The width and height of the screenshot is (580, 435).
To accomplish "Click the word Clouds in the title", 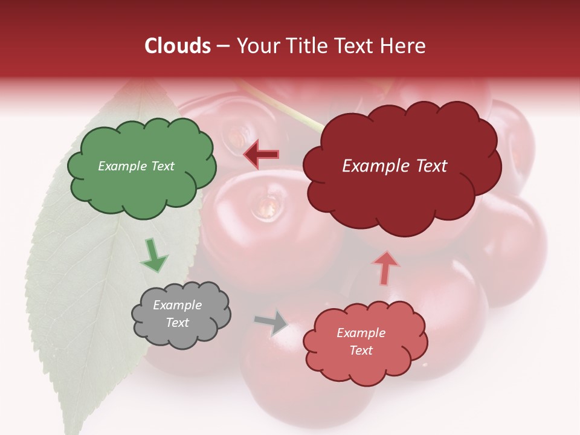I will pos(178,46).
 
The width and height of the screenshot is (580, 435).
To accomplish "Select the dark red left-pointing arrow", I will pos(262,154).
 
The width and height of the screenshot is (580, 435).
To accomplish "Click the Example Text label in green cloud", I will pos(136,166).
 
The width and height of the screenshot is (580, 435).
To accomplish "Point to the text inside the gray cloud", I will pos(177,314).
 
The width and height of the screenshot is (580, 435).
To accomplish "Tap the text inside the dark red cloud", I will pos(395,166).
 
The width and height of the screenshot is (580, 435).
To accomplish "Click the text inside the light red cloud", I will pos(361,341).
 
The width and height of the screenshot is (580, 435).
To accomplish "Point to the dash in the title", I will pos(222,46).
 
